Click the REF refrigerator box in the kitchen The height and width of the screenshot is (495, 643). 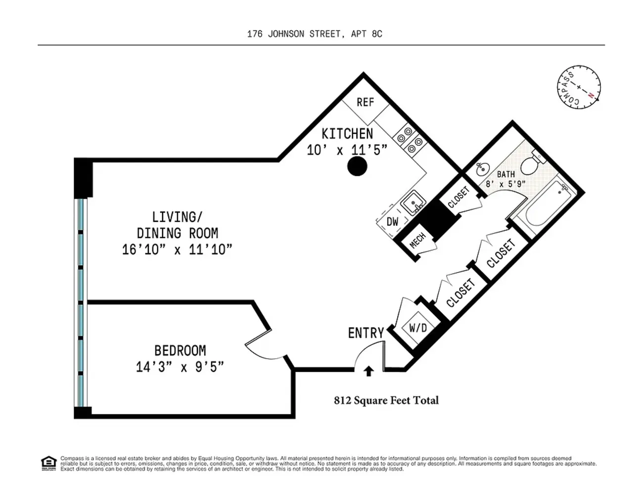(365, 103)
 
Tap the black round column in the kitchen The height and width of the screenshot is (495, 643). (357, 167)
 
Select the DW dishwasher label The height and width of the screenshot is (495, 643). (392, 222)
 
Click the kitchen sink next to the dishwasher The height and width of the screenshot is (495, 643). (413, 203)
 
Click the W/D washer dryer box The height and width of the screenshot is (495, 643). (417, 328)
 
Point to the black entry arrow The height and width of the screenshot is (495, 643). (368, 371)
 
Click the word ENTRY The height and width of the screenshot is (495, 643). (366, 333)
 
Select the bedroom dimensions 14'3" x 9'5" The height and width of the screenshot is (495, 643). (180, 367)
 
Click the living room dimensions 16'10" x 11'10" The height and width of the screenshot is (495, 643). (177, 249)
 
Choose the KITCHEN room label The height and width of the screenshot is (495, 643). (347, 133)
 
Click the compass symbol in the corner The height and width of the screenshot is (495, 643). (578, 88)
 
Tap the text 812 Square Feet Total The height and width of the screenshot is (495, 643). (386, 401)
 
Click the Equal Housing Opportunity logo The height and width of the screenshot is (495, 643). (48, 463)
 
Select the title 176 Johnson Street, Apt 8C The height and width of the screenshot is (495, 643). (315, 34)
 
